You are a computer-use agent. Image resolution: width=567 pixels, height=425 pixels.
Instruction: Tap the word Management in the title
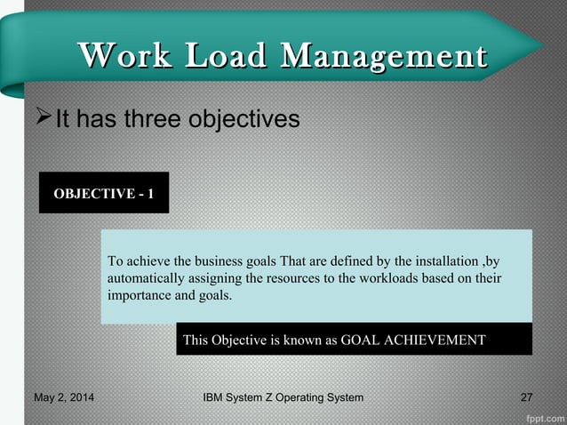pos(383,56)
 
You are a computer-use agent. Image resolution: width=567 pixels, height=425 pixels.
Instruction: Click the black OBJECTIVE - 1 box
pos(103,193)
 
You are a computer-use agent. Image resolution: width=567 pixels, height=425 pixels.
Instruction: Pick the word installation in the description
pos(442,261)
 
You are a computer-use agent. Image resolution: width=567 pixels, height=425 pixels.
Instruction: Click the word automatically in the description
pos(146,278)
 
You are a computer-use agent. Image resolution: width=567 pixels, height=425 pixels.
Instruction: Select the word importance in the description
pos(139,295)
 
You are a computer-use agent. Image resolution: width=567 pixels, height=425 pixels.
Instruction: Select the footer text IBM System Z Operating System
pos(283,397)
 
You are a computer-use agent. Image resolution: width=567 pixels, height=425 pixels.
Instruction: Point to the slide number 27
pos(526,397)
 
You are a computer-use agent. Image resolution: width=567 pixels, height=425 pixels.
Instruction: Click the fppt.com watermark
pos(542,415)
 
